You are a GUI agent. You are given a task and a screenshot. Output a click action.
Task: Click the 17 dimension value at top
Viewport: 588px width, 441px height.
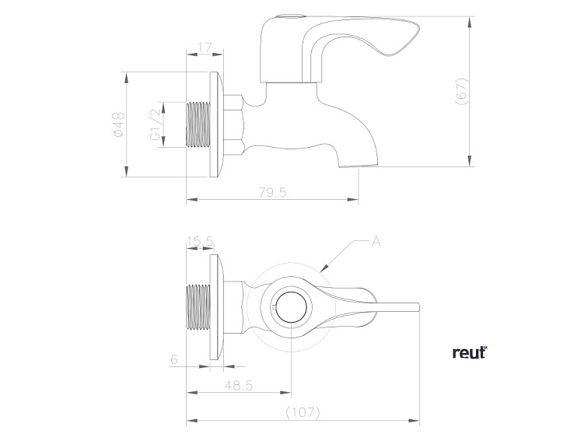(x=205, y=48)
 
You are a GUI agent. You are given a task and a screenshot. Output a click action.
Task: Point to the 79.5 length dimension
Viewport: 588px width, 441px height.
(x=271, y=192)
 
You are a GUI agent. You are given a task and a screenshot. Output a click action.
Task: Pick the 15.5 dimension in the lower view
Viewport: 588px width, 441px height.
(x=200, y=242)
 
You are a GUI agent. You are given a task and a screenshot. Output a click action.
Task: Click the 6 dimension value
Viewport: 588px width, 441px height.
(x=173, y=359)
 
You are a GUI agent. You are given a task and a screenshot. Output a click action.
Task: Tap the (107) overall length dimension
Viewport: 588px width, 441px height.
(x=303, y=411)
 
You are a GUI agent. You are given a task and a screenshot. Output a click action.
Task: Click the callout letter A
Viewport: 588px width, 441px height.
(x=376, y=242)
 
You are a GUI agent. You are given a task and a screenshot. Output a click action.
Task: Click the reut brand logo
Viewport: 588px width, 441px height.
(x=469, y=352)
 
